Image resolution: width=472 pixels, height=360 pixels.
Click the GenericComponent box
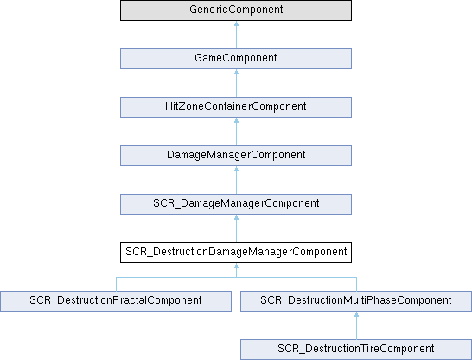coord(236,10)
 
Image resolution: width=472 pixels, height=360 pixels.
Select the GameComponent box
coord(236,59)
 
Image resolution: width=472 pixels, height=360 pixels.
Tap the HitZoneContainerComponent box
coord(236,107)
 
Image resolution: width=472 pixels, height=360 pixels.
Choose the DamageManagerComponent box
coord(236,156)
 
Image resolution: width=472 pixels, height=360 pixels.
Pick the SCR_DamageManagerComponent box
coord(236,204)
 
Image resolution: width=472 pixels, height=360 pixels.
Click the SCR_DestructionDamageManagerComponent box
coord(236,253)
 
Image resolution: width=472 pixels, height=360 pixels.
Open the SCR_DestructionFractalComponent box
coord(116,301)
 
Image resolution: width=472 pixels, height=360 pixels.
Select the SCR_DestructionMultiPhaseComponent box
coord(356,301)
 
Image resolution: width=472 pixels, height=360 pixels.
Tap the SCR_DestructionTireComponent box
coord(356,350)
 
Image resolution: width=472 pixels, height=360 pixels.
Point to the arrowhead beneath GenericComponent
coord(236,23)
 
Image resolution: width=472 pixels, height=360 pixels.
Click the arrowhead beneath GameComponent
coord(236,72)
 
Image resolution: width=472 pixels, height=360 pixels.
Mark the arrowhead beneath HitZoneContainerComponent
coord(236,120)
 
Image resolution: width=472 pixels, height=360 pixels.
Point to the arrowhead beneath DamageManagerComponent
coord(236,169)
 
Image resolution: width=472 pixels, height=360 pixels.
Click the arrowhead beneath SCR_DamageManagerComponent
coord(236,217)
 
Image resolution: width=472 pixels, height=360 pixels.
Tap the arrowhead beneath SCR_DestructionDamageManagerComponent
coord(236,266)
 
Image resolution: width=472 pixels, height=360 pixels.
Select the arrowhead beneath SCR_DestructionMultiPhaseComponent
coord(356,314)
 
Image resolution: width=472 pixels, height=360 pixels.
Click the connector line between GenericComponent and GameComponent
coord(236,37)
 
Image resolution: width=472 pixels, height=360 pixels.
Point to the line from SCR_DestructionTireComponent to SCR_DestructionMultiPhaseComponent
coord(356,328)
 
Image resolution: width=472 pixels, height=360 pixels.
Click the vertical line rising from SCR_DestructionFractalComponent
coord(116,284)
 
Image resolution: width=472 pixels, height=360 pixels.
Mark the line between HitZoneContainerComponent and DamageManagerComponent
coord(236,134)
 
